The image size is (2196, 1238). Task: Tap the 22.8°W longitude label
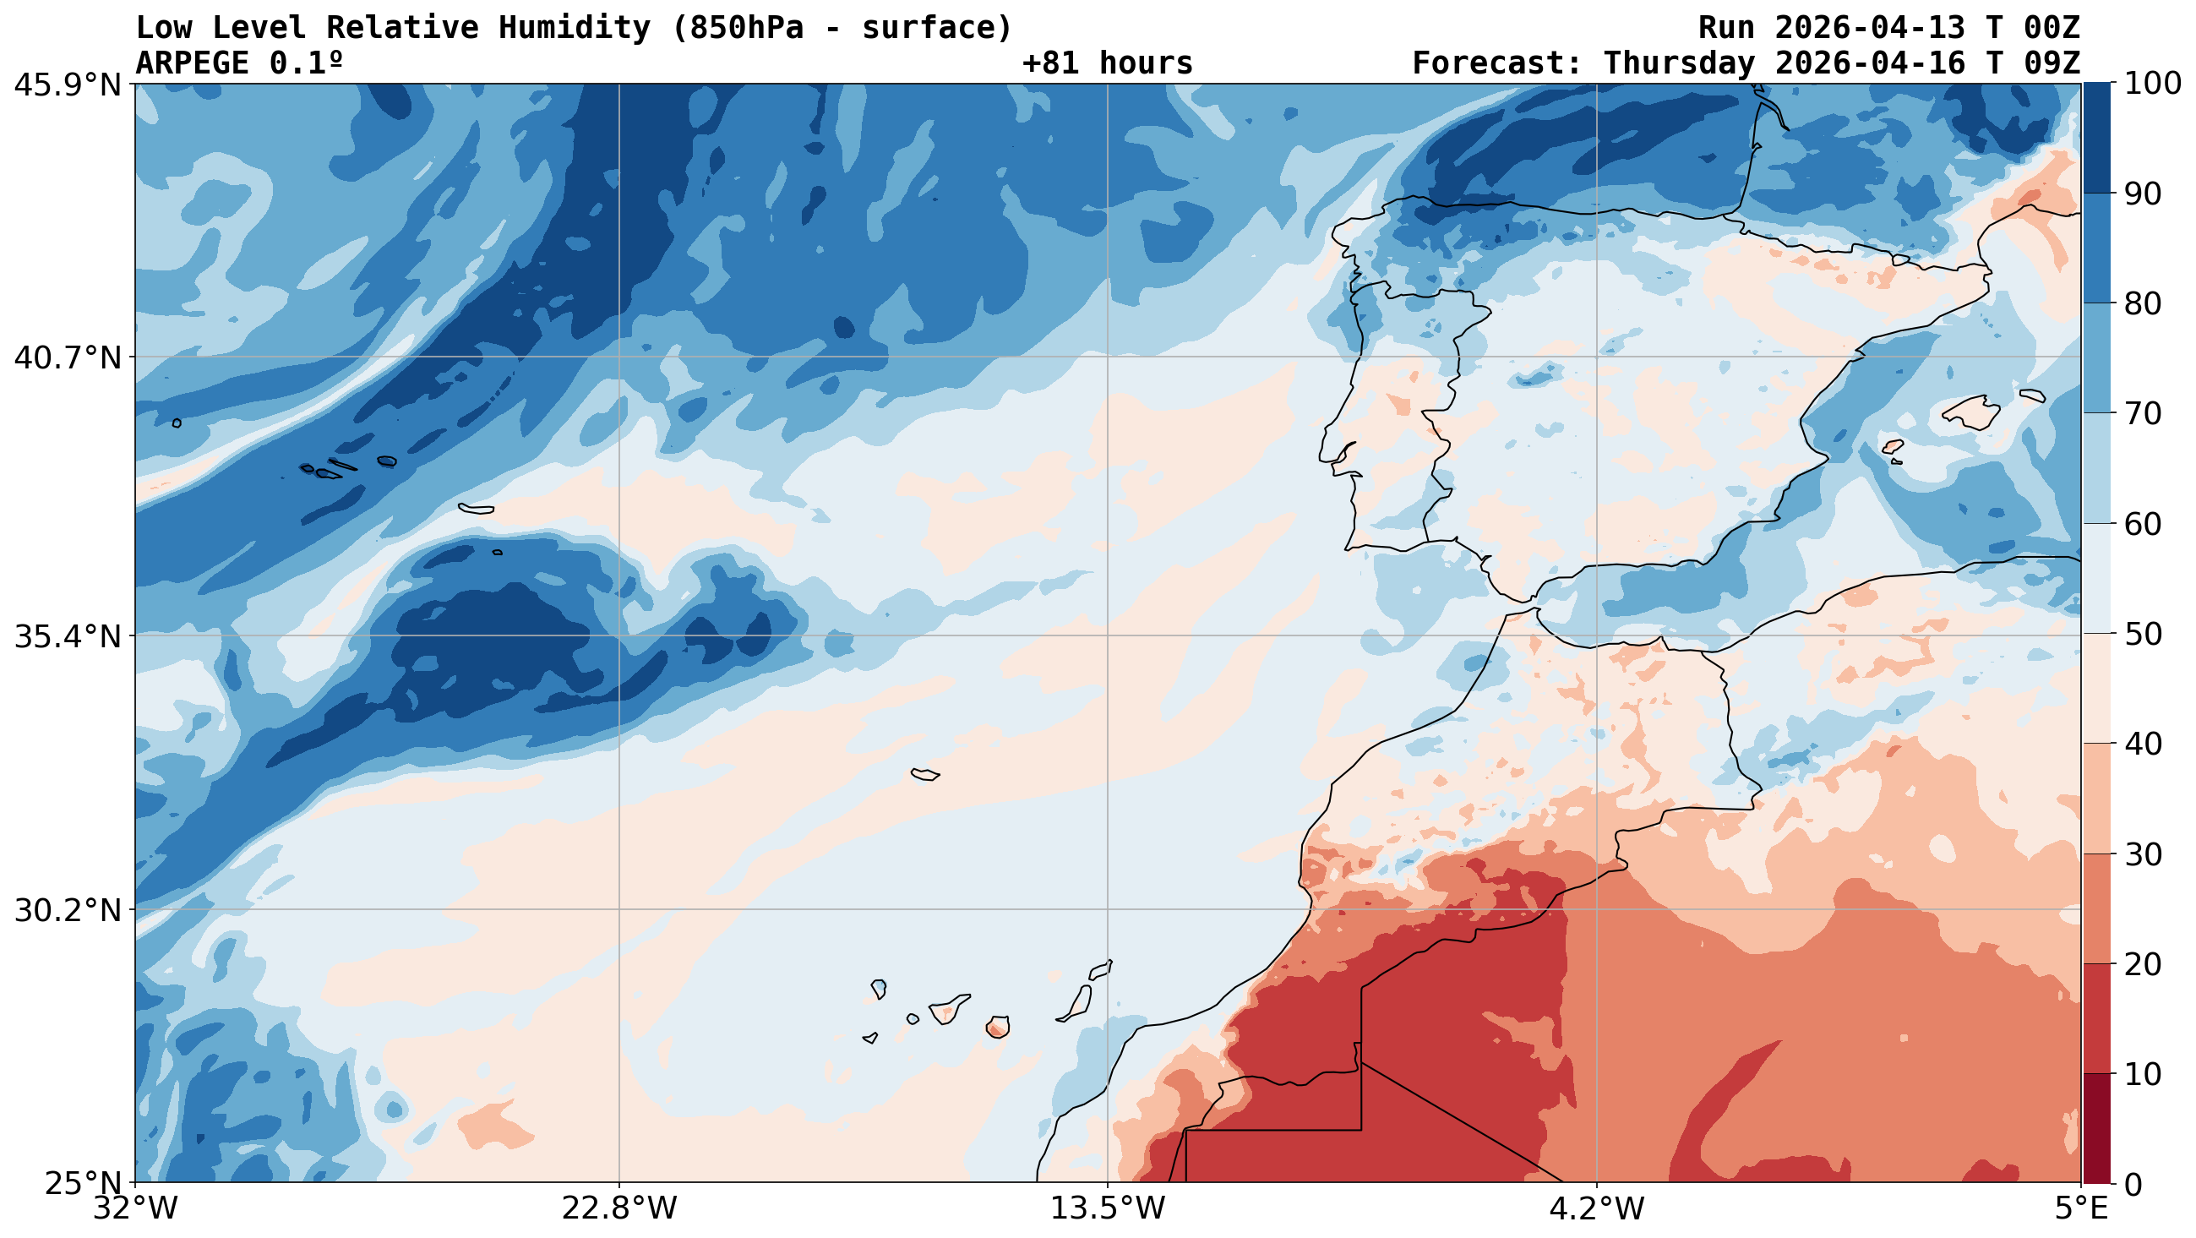pyautogui.click(x=618, y=1209)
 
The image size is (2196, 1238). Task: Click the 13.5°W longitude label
pyautogui.click(x=1108, y=1209)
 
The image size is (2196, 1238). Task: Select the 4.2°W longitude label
pyautogui.click(x=1596, y=1209)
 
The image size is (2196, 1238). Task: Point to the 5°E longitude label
pyautogui.click(x=2081, y=1209)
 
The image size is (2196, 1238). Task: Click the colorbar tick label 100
pyautogui.click(x=2153, y=84)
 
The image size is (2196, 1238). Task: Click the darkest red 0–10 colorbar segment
pyautogui.click(x=2096, y=1128)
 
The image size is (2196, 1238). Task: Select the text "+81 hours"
pyautogui.click(x=1108, y=63)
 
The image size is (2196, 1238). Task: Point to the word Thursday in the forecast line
pyautogui.click(x=1679, y=63)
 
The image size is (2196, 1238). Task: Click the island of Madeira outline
pyautogui.click(x=925, y=774)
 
